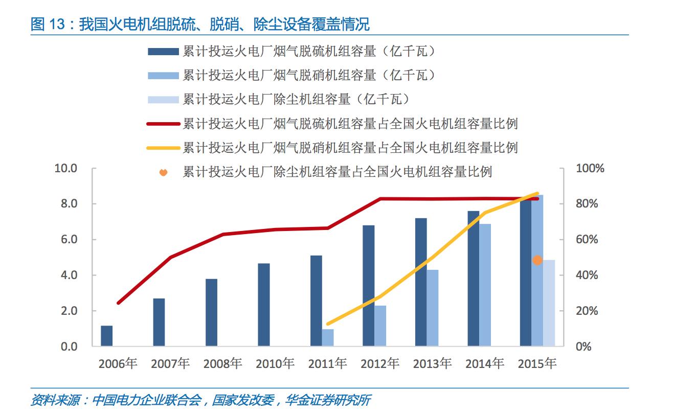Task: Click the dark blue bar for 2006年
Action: tap(106, 336)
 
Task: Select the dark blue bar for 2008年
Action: tap(211, 312)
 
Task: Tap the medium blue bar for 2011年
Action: tap(327, 337)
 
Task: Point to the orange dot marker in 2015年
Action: tap(537, 260)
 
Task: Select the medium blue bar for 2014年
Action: tap(485, 285)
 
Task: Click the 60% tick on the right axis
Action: tap(587, 239)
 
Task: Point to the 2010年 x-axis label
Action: tap(275, 364)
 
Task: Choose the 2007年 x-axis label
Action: tap(170, 364)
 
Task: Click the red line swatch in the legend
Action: tap(163, 124)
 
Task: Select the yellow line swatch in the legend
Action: tap(163, 148)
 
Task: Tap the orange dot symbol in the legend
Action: tap(163, 172)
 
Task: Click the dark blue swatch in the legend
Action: tap(163, 51)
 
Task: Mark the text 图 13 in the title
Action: tap(46, 24)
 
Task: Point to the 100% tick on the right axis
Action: tap(590, 168)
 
